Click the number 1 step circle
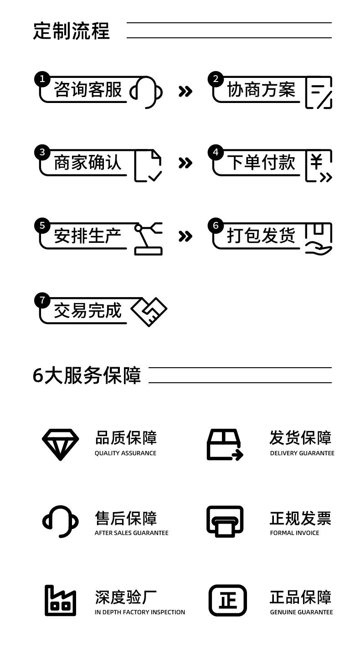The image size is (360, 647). click(x=42, y=79)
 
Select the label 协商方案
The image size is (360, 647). click(x=261, y=89)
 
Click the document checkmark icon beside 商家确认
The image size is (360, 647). click(x=148, y=165)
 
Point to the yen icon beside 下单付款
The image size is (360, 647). click(x=319, y=165)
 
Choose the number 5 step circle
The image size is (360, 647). click(x=42, y=226)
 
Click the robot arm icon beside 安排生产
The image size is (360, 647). click(x=148, y=238)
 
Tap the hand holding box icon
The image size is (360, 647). click(x=319, y=238)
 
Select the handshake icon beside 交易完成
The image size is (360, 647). click(x=149, y=312)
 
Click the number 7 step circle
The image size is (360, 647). click(x=42, y=300)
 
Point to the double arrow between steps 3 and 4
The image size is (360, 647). click(x=185, y=163)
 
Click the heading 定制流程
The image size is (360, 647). click(x=72, y=31)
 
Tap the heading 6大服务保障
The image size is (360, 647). click(x=87, y=375)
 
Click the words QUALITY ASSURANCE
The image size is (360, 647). click(x=125, y=453)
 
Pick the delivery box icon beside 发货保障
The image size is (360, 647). click(x=225, y=445)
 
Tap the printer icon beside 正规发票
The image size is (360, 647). click(x=225, y=521)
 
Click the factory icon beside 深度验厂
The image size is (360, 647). click(x=60, y=601)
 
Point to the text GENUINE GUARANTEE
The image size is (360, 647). click(x=301, y=612)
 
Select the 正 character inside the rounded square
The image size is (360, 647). click(x=227, y=601)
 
